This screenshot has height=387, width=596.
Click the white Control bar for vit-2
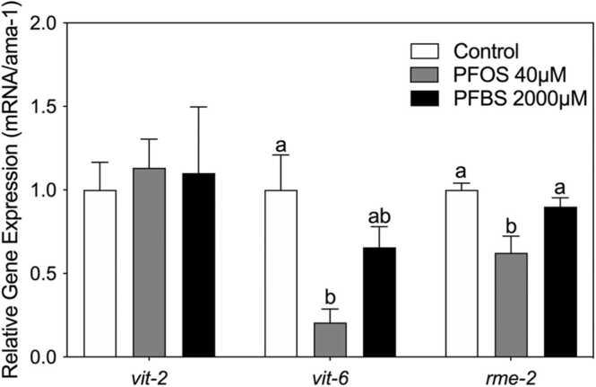99,273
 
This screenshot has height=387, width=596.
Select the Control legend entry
483,50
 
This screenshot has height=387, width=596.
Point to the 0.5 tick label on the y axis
50,274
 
